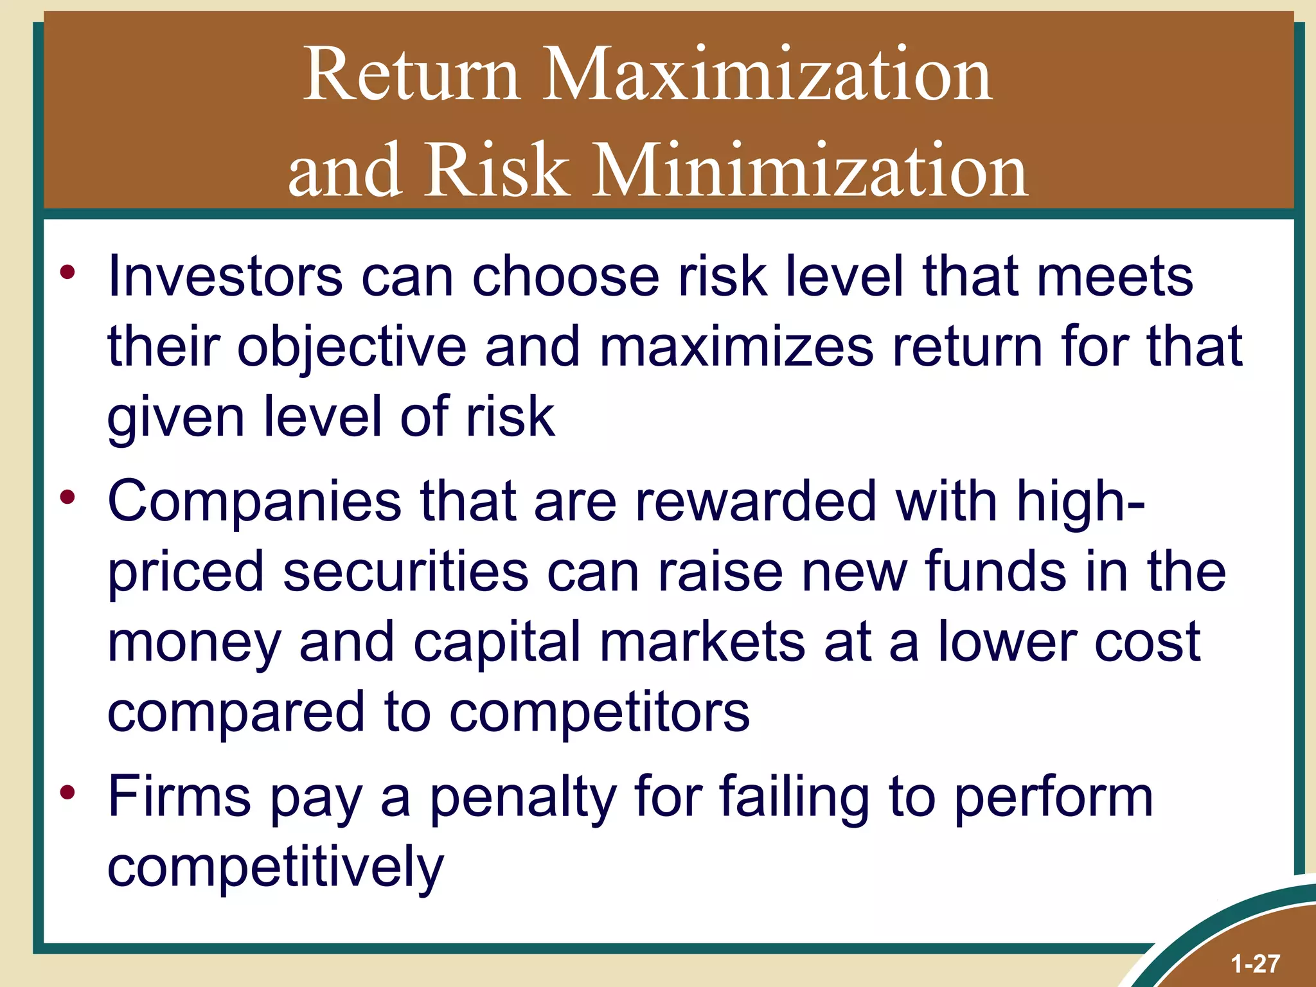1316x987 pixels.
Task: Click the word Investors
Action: [225, 276]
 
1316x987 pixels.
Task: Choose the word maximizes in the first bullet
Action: [736, 347]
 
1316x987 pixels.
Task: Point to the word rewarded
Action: [756, 501]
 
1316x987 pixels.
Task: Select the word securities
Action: [405, 572]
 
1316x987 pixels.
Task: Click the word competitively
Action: [276, 867]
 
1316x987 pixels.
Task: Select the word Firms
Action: [179, 797]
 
